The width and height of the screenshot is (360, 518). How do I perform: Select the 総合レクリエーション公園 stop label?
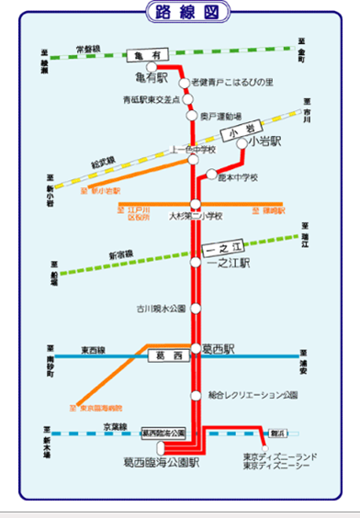coord(253,395)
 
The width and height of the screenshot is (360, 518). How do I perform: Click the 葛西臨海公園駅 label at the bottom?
coord(161,463)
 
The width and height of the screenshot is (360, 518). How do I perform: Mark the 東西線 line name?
coord(95,348)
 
